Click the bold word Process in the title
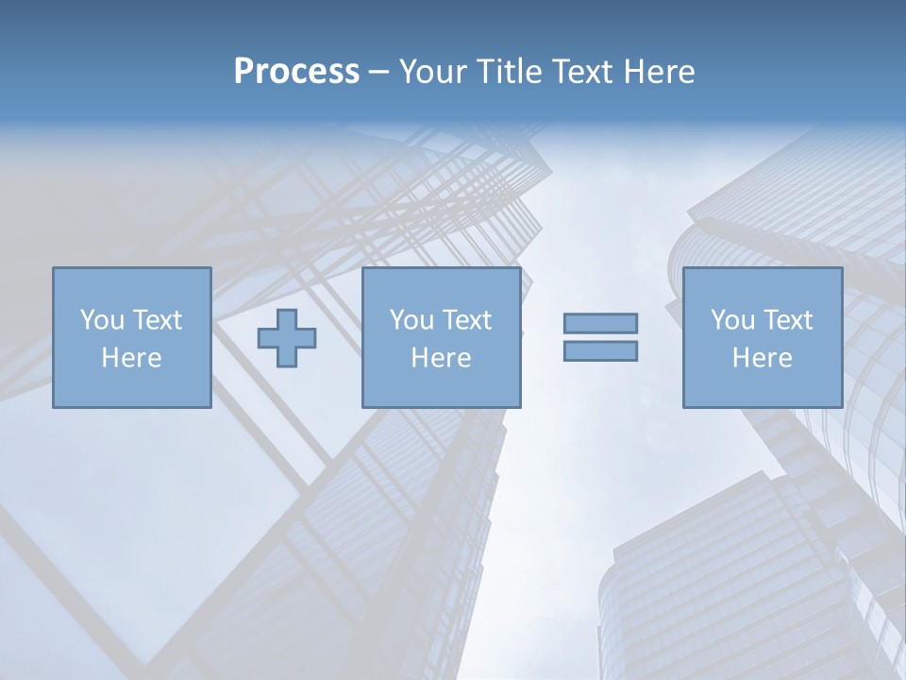(x=296, y=72)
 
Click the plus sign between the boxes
(x=287, y=338)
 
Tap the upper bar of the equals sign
(x=600, y=323)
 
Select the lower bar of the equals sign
(x=600, y=351)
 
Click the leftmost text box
(x=131, y=337)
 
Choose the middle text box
(x=441, y=337)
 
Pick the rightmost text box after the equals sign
(x=762, y=337)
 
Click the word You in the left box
(x=103, y=320)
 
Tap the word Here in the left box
(x=131, y=358)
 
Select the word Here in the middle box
(x=441, y=358)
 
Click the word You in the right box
(x=733, y=320)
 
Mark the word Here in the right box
(x=762, y=358)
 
